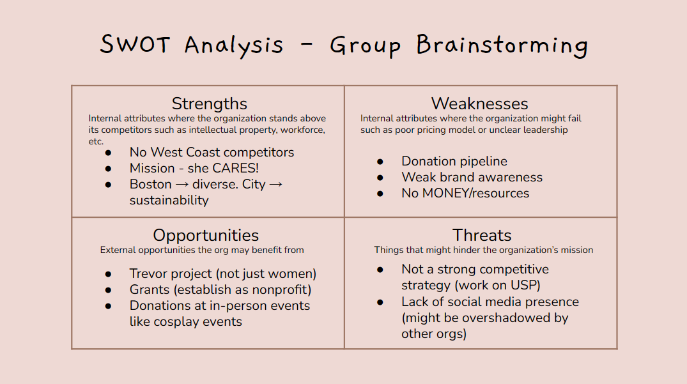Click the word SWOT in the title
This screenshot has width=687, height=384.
(x=134, y=44)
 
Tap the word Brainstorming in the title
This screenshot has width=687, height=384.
(x=502, y=45)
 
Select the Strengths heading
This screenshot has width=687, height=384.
(x=210, y=104)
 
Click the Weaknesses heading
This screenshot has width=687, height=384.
(x=480, y=104)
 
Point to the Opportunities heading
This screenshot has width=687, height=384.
(x=206, y=236)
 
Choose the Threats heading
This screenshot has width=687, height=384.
(x=482, y=236)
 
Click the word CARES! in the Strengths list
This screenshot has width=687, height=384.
(x=235, y=168)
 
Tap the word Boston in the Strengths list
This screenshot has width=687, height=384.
(x=151, y=185)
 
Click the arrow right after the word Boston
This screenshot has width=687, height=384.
(x=182, y=185)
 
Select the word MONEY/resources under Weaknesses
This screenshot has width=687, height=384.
(x=476, y=193)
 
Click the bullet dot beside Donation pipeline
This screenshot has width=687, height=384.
(x=380, y=162)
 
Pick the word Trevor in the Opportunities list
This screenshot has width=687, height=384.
(x=148, y=273)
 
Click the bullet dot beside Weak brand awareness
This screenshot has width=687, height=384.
(x=380, y=178)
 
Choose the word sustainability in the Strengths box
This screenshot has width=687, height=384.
(x=169, y=201)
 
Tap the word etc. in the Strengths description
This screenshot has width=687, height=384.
(x=96, y=141)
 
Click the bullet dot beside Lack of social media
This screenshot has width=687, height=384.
(x=380, y=303)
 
